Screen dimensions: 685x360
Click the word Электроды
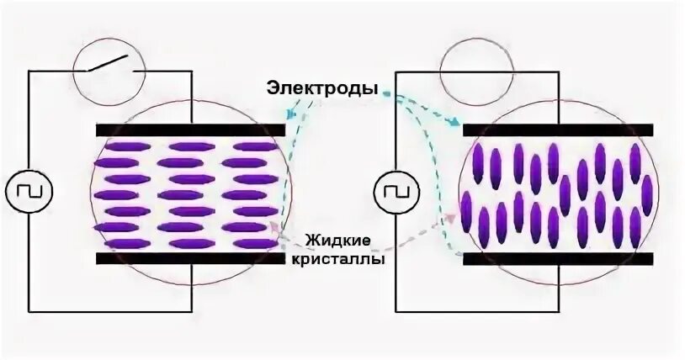click(x=321, y=87)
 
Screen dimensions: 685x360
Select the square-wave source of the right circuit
click(x=396, y=191)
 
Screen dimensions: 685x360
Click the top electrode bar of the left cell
click(x=190, y=130)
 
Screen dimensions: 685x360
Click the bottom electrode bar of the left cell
click(x=190, y=258)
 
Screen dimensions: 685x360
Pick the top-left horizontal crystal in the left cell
click(x=120, y=147)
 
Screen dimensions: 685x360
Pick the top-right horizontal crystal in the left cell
click(x=253, y=147)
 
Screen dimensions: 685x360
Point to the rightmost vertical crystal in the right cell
click(x=647, y=196)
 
